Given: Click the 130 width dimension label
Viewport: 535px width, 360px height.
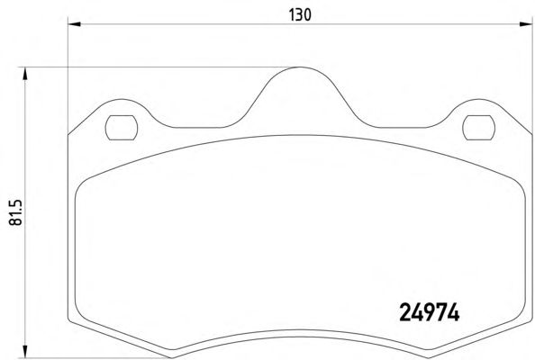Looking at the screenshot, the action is pyautogui.click(x=300, y=15).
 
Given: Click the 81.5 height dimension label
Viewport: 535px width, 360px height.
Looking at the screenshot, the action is pyautogui.click(x=15, y=212).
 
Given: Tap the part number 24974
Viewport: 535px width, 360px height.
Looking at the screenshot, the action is pyautogui.click(x=430, y=312).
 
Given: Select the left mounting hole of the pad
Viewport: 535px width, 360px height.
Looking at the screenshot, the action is pyautogui.click(x=122, y=128).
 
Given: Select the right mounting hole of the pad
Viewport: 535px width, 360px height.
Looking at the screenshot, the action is pyautogui.click(x=478, y=128).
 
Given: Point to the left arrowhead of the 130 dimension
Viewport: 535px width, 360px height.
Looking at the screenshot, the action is pyautogui.click(x=75, y=24).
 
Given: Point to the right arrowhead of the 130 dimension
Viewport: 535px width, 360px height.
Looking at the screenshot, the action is pyautogui.click(x=526, y=24).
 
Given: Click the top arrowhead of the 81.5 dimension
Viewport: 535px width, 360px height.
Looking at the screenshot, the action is pyautogui.click(x=24, y=74).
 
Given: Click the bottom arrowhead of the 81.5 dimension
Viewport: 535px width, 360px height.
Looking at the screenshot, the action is pyautogui.click(x=24, y=352).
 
